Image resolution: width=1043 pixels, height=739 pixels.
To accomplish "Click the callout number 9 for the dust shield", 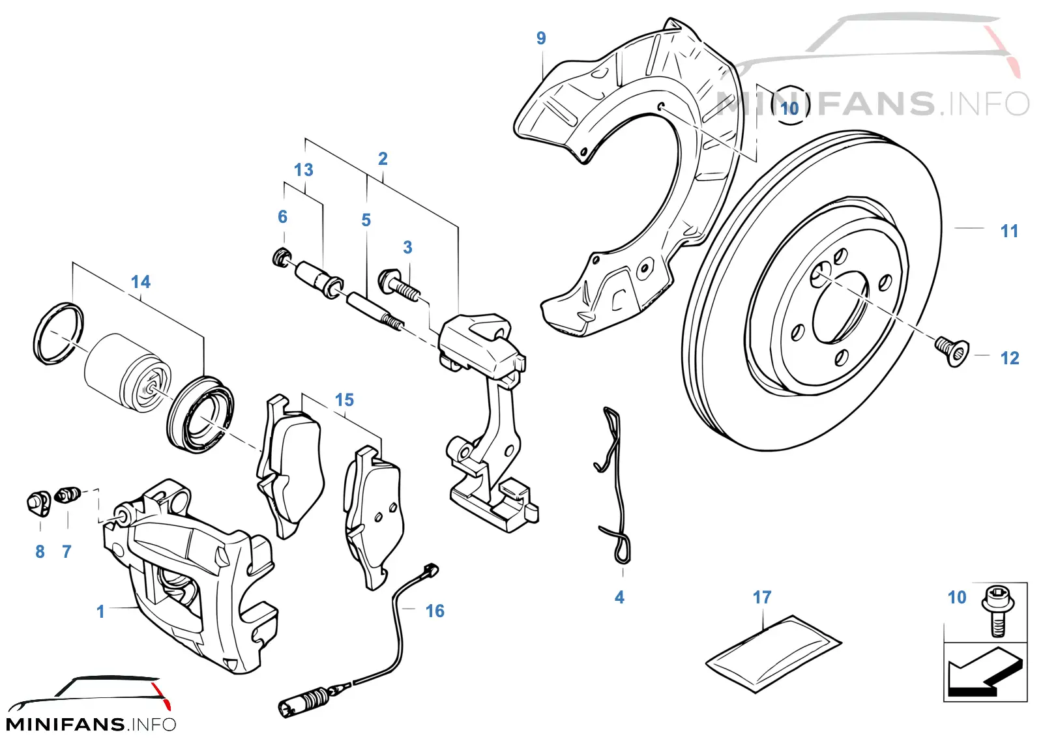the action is point(540,38).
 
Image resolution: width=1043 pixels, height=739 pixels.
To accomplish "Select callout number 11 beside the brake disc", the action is point(1010,231).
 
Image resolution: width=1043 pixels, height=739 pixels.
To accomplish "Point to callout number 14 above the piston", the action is point(141,282).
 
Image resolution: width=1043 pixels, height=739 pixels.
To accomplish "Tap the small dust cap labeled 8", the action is point(38,503).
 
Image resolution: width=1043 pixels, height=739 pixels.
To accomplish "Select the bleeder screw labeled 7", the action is point(68,494).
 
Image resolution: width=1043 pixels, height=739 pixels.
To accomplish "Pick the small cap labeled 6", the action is point(282,256).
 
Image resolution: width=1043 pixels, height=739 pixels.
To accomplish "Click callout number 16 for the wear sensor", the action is point(435,611).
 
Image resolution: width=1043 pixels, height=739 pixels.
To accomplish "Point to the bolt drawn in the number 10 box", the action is point(996,611).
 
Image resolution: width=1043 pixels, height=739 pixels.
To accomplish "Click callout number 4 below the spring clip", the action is point(619,597).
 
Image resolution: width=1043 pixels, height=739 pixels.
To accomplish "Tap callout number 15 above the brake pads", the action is point(344,399).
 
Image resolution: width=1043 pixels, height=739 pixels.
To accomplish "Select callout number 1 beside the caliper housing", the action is point(100,611).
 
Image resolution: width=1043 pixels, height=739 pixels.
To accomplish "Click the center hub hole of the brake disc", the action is point(840,304).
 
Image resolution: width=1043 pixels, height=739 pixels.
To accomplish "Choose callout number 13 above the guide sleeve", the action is point(304,170).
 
